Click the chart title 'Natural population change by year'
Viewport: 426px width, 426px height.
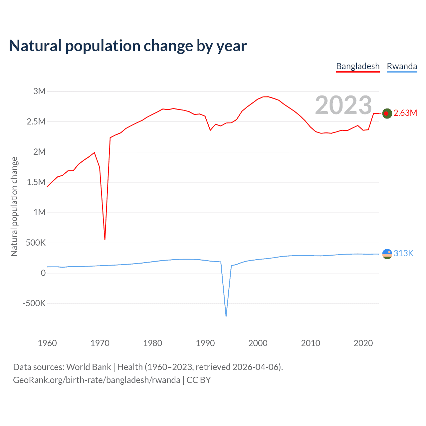(x=128, y=46)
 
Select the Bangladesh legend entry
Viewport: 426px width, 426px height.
(x=358, y=66)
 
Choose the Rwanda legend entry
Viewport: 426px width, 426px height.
(x=402, y=66)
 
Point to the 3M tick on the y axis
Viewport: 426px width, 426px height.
(x=39, y=91)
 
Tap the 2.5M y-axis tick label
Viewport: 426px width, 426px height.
(x=36, y=121)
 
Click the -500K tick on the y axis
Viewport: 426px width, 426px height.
(x=34, y=303)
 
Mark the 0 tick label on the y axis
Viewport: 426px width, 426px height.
(x=43, y=273)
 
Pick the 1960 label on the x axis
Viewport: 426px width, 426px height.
(x=47, y=343)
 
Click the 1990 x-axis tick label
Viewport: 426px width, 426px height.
(x=205, y=343)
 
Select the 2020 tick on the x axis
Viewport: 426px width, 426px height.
(x=363, y=343)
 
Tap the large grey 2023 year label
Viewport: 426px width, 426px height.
(x=343, y=105)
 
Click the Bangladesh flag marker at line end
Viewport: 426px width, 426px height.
(x=387, y=113)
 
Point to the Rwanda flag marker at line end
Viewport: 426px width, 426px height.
(x=387, y=254)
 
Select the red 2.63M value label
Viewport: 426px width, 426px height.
(x=405, y=113)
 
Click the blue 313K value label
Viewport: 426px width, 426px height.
(x=403, y=253)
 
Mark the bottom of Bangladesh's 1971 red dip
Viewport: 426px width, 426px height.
(x=105, y=239)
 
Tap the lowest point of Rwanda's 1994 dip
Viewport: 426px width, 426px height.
(x=226, y=316)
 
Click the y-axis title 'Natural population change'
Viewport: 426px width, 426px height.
(x=14, y=207)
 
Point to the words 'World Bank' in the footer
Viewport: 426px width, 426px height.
(x=89, y=367)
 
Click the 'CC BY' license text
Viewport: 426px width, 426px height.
(x=198, y=380)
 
